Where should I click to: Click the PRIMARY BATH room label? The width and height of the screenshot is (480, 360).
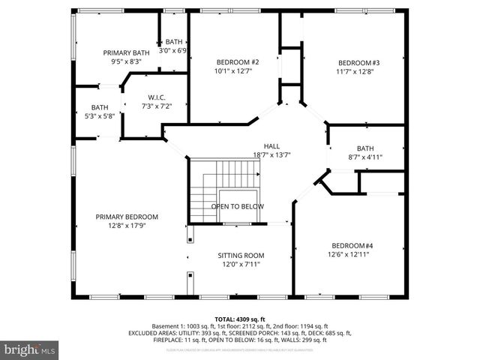click(x=126, y=52)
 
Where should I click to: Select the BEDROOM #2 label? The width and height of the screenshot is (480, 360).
click(x=238, y=62)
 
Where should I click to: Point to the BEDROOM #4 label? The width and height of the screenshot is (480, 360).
click(x=352, y=245)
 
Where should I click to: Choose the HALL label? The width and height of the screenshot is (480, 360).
click(x=271, y=145)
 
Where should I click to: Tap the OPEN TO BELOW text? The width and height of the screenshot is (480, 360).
click(x=237, y=206)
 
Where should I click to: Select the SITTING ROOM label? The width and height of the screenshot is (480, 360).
click(x=241, y=255)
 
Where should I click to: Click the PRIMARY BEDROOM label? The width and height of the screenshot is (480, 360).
click(x=127, y=217)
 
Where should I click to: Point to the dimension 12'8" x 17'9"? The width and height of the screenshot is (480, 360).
click(x=127, y=226)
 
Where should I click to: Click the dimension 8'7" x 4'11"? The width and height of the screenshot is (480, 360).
click(x=364, y=157)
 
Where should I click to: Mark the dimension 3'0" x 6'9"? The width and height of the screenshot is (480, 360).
click(x=173, y=50)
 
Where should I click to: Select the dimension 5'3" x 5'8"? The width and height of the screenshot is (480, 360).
click(x=100, y=116)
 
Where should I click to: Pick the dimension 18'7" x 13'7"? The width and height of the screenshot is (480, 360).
click(x=271, y=154)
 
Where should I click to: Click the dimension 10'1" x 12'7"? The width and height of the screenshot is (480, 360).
click(x=238, y=72)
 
